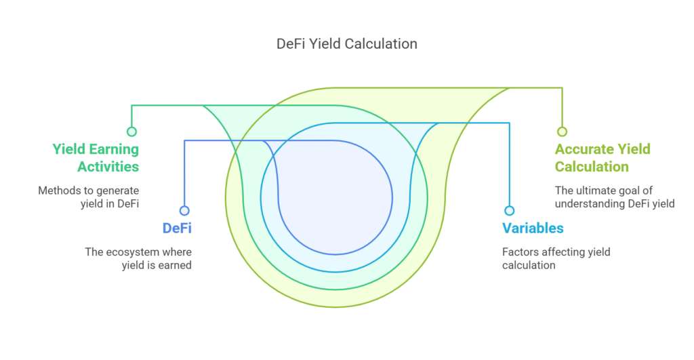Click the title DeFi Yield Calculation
(x=346, y=44)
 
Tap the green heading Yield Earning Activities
(x=96, y=158)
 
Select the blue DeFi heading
(x=177, y=228)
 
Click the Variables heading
(x=533, y=228)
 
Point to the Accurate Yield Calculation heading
(x=603, y=158)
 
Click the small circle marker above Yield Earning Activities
(x=131, y=132)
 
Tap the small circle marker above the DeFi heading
(x=184, y=211)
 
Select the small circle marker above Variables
(x=510, y=211)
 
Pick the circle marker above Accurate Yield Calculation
(x=562, y=132)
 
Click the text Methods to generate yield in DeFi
(x=89, y=197)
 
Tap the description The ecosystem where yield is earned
(x=138, y=258)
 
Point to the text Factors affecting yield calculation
(x=556, y=258)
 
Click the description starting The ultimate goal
(x=615, y=197)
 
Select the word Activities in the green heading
(x=108, y=167)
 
